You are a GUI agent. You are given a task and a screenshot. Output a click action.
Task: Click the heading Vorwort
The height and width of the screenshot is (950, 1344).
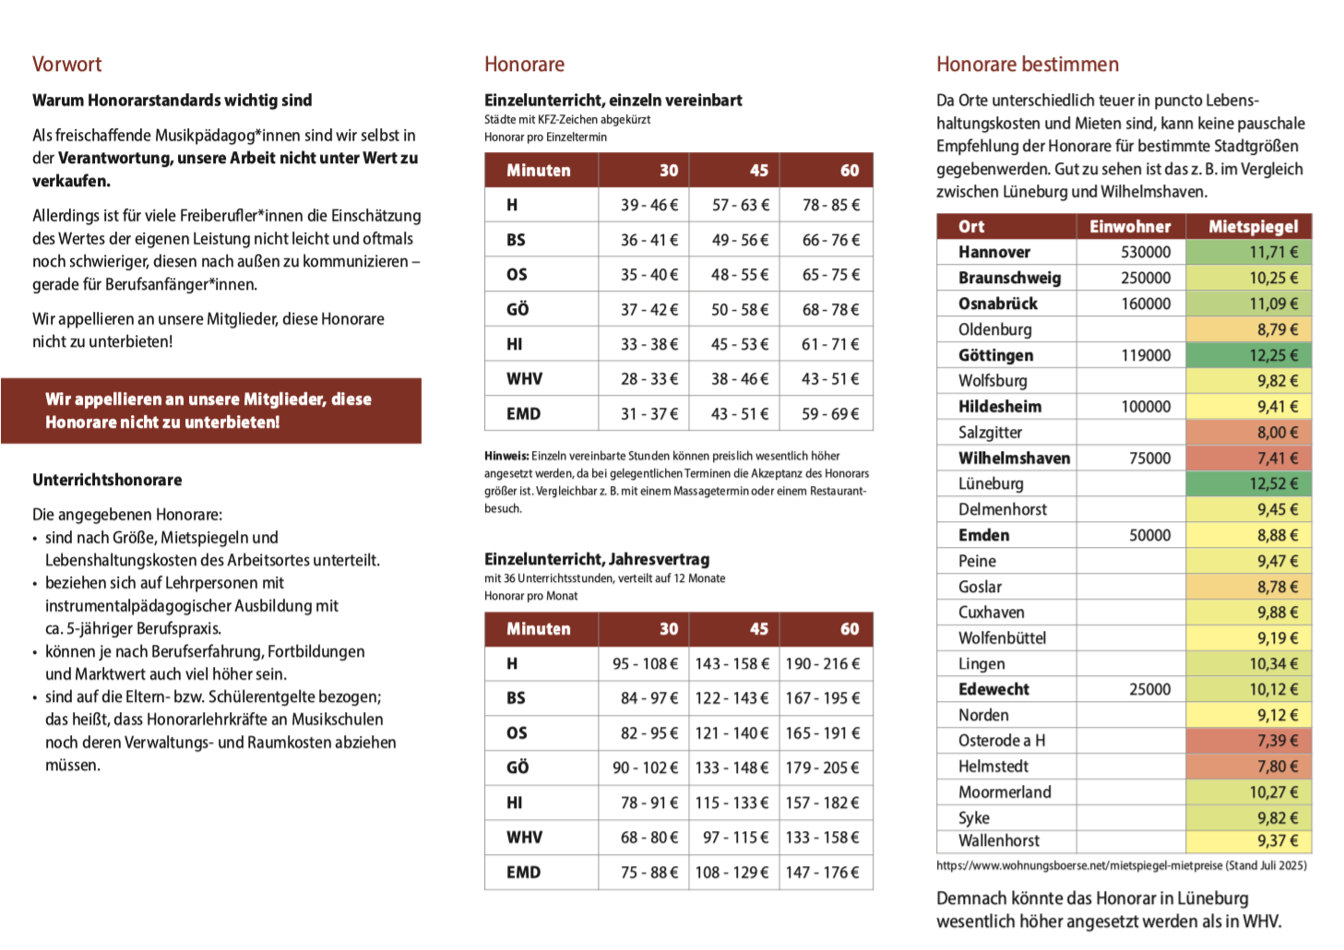(66, 65)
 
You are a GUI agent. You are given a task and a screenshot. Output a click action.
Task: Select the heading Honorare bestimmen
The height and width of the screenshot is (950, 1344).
(1027, 65)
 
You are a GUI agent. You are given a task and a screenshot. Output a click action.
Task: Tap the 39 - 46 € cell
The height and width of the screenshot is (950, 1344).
(648, 205)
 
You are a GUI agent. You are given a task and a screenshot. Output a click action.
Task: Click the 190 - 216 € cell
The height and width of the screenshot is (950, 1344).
(822, 664)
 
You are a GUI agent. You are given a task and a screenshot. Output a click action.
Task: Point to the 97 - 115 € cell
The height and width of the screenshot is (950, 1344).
(735, 837)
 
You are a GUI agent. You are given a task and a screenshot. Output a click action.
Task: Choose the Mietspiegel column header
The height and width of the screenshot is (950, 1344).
(1253, 227)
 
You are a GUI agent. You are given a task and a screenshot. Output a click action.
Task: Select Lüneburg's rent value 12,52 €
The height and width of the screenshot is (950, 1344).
(1273, 483)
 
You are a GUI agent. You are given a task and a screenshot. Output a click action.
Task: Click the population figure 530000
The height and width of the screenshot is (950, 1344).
(1146, 253)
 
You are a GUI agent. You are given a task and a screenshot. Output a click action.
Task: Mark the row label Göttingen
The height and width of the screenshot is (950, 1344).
(995, 355)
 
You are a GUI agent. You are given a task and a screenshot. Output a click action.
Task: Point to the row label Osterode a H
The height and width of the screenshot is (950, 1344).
(1002, 741)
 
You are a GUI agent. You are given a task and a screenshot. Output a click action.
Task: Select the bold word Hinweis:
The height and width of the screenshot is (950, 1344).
(506, 456)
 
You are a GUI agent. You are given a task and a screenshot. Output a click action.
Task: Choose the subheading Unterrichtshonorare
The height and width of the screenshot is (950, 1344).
(107, 480)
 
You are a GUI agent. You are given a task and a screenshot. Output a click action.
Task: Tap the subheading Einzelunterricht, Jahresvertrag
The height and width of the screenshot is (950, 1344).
(597, 559)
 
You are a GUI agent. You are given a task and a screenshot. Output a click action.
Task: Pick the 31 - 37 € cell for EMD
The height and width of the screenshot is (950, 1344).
(648, 414)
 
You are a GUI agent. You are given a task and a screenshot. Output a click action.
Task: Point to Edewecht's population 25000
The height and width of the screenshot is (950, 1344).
(1149, 689)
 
